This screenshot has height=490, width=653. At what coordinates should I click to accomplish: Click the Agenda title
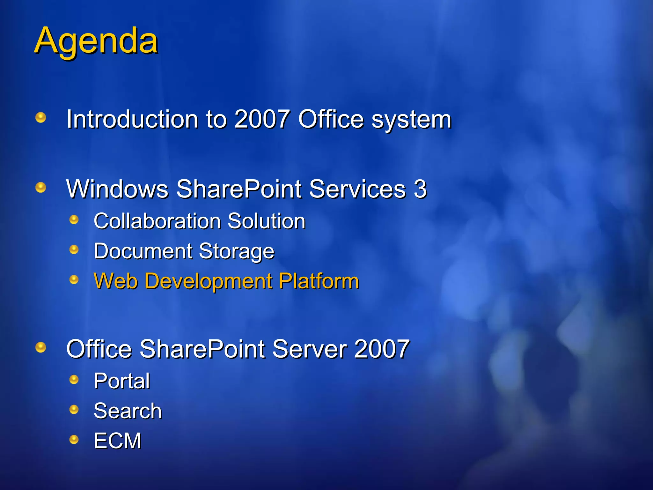tap(96, 41)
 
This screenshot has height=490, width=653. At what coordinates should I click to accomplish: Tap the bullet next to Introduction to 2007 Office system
tap(41, 117)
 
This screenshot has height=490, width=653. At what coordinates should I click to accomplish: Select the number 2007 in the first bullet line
tap(262, 119)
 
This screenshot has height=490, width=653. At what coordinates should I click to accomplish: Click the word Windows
tap(117, 189)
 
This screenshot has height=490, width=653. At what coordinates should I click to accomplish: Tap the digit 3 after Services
tap(420, 189)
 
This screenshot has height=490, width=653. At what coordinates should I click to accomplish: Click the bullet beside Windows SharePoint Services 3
tap(41, 187)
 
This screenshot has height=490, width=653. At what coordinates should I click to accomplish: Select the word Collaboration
tap(158, 221)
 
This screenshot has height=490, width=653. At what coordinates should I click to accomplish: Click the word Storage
tap(236, 251)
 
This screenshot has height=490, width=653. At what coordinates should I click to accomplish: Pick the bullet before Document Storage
tap(74, 249)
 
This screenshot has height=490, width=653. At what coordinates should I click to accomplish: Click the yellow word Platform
tap(319, 281)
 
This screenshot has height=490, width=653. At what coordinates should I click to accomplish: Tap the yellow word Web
tap(116, 281)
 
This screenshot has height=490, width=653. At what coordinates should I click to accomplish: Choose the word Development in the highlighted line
tap(209, 281)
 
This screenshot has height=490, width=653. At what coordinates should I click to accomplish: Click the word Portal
tap(122, 381)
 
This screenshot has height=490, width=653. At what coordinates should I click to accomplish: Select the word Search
tap(128, 411)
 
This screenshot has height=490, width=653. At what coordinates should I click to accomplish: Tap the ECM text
tap(117, 441)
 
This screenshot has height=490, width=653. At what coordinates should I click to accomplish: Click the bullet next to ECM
tap(74, 440)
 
